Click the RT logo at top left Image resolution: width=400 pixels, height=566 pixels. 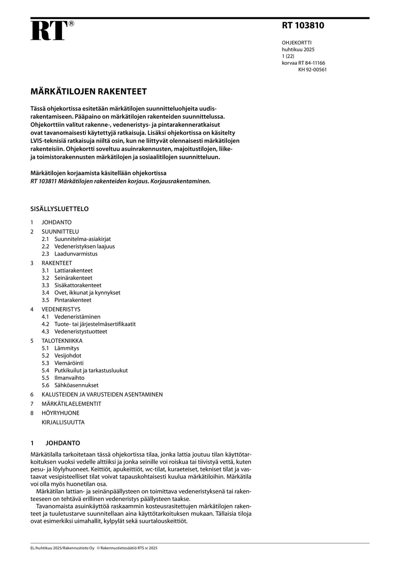coord(49,31)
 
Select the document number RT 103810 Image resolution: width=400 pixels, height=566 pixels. coord(303,25)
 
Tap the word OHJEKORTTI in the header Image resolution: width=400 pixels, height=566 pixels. coord(296,43)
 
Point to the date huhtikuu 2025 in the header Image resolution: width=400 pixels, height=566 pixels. coord(298,49)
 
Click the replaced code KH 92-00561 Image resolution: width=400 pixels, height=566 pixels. coord(312,69)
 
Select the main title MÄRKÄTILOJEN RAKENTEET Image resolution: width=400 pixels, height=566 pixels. coord(88,91)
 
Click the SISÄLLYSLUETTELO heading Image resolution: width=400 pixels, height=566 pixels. coord(59,209)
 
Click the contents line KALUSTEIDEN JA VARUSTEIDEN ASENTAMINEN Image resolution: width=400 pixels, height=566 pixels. coord(102,395)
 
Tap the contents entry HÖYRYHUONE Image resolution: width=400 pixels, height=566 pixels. coord(60,413)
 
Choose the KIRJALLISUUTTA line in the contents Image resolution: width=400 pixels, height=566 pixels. coord(63,422)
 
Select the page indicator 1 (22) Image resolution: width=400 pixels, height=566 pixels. coord(288,56)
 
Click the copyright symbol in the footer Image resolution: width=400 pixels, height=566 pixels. coord(98,548)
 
